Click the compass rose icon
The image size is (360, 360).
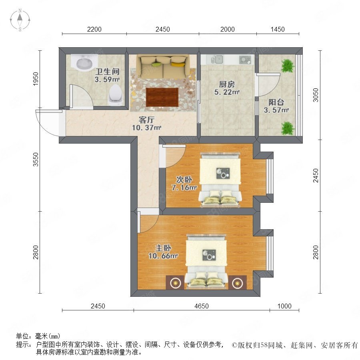click(20, 20)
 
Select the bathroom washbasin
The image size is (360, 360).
click(84, 63)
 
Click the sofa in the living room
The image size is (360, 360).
click(163, 66)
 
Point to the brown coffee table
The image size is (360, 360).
click(162, 97)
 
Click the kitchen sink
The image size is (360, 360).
click(216, 60)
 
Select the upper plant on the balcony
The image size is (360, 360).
click(288, 66)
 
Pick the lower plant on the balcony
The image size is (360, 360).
click(288, 128)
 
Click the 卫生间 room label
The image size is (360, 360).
click(108, 72)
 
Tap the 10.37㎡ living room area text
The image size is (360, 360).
click(146, 128)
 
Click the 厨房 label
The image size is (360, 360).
click(227, 84)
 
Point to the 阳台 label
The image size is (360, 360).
click(276, 102)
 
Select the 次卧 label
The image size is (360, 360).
click(184, 180)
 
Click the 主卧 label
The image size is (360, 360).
click(163, 248)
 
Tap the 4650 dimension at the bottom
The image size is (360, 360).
click(201, 306)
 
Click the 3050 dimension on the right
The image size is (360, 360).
click(316, 95)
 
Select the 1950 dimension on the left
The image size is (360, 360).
click(36, 79)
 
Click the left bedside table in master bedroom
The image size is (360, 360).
click(175, 282)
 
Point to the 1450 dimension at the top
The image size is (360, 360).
click(278, 29)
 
